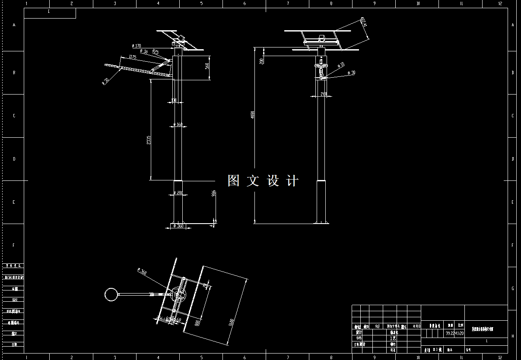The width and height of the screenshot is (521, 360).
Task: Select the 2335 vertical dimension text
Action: [149, 140]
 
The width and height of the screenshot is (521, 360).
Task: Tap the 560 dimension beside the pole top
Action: [207, 66]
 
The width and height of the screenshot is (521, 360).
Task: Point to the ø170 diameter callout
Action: [137, 46]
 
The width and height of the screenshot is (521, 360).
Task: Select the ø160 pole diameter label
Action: [178, 125]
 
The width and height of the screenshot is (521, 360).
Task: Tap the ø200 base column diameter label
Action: [178, 193]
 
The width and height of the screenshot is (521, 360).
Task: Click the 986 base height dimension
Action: [213, 193]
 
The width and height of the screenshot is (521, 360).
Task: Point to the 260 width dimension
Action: [324, 95]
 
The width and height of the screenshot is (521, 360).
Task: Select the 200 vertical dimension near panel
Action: [262, 60]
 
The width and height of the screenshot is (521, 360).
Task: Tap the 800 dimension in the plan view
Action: [197, 322]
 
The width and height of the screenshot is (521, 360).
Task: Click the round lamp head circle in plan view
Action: [111, 294]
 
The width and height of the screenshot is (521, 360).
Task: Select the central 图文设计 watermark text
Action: [263, 180]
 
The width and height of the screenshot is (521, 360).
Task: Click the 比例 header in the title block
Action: [461, 325]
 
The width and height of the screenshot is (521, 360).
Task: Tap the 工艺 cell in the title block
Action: [393, 338]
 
